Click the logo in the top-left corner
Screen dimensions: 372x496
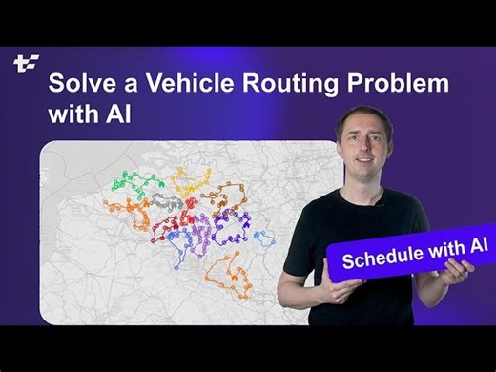(25, 64)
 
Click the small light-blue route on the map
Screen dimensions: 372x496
(263, 236)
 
